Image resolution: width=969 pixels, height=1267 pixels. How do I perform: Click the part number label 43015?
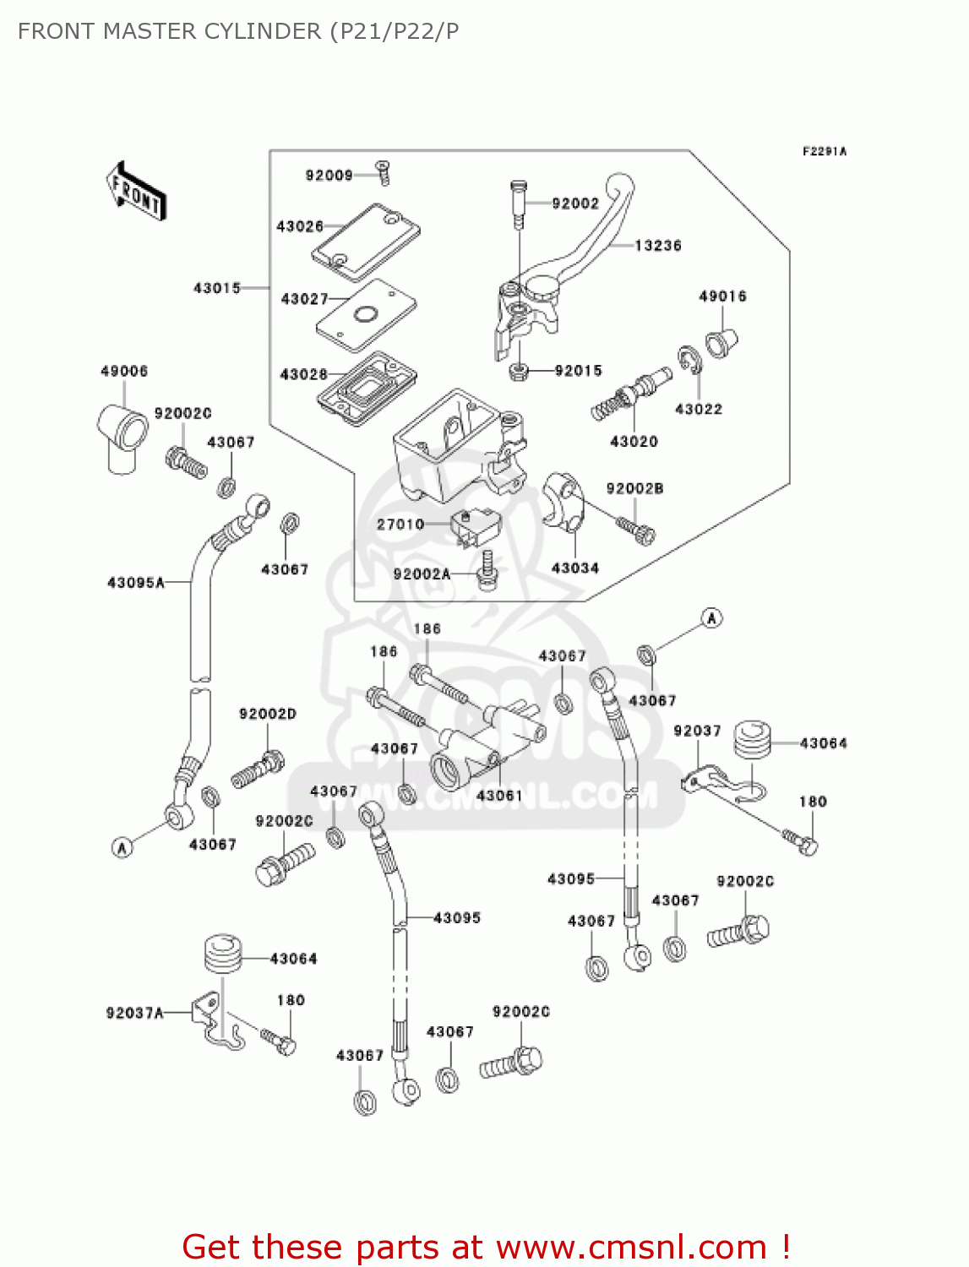tap(217, 288)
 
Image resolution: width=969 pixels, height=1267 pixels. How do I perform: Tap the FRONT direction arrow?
tap(135, 192)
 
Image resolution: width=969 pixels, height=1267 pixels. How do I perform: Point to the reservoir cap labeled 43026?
tap(367, 242)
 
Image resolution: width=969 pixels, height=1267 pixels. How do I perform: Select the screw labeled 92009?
tap(383, 173)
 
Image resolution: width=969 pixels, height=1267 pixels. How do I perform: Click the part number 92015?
tap(578, 371)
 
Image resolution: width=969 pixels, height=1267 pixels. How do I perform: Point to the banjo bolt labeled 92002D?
tap(258, 768)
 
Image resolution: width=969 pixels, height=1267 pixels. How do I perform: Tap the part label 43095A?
tap(135, 583)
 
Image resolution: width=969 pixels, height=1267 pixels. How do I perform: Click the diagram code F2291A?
tap(824, 152)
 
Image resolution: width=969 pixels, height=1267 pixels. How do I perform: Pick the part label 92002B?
tap(634, 488)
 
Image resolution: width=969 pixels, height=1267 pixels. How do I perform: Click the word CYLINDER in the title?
tap(266, 31)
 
